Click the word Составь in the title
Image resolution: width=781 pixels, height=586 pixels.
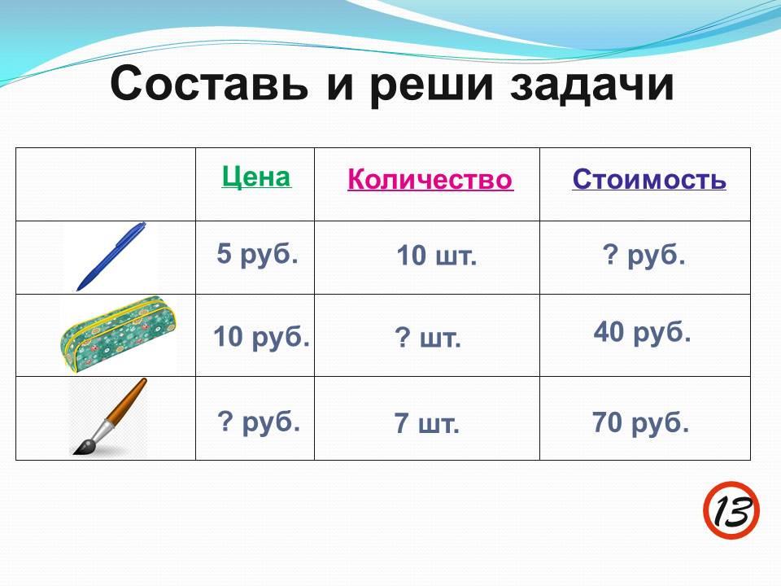click(209, 83)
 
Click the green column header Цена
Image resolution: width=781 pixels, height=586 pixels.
click(256, 177)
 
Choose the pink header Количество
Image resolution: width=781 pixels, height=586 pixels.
click(430, 179)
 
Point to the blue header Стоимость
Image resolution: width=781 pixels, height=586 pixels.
click(649, 179)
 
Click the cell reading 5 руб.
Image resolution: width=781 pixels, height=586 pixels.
click(257, 254)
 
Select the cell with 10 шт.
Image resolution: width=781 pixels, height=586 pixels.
click(436, 256)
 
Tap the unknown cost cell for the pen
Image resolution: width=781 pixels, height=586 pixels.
click(644, 255)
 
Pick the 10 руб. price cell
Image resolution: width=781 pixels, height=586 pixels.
click(261, 337)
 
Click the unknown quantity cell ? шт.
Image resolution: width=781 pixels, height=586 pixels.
click(428, 338)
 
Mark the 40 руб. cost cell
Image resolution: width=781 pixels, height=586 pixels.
click(642, 332)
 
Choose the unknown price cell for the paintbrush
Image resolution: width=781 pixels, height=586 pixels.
click(259, 422)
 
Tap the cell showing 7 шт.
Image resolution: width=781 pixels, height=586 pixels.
click(426, 423)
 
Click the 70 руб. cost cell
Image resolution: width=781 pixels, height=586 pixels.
click(640, 422)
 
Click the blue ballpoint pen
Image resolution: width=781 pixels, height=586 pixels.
click(111, 256)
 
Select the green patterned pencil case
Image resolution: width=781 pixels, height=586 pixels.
click(118, 335)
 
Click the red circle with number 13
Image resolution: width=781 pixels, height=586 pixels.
click(731, 509)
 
